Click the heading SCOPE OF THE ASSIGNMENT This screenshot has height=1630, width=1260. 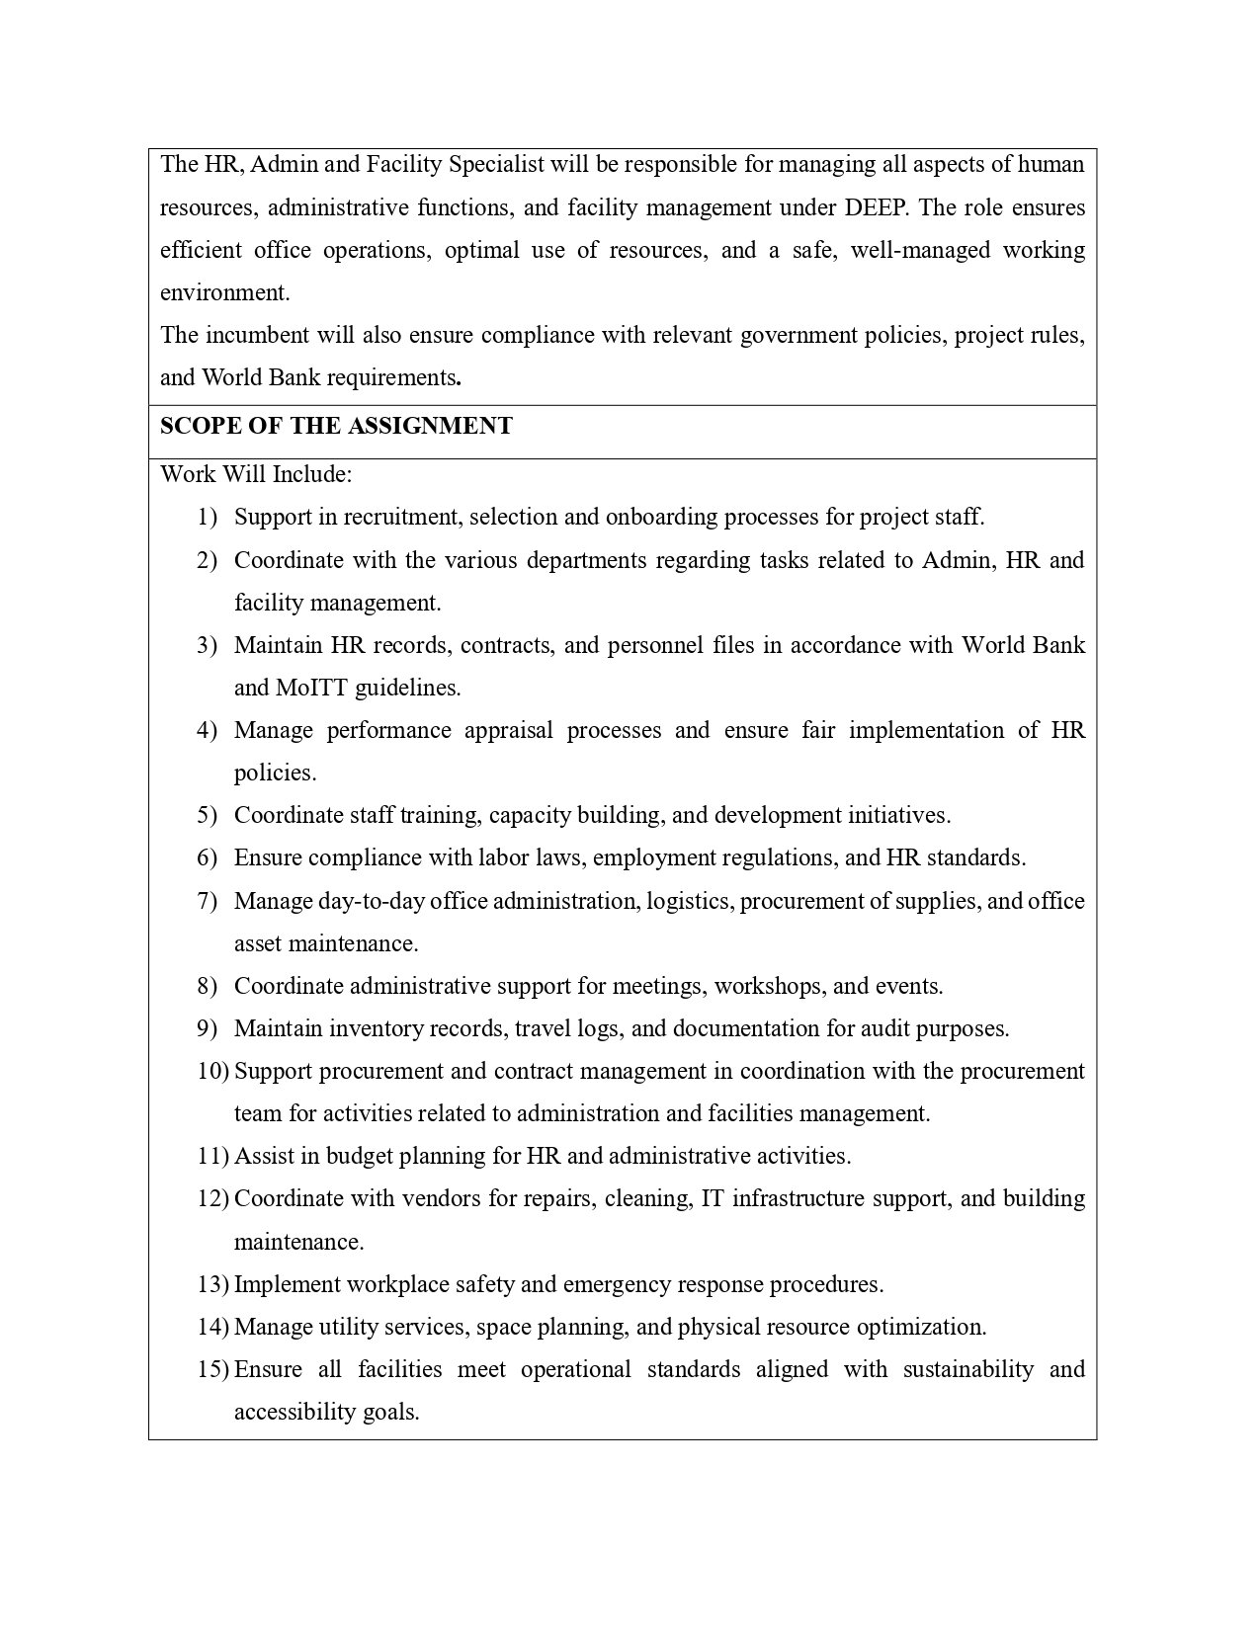click(336, 426)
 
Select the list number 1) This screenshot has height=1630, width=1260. click(207, 517)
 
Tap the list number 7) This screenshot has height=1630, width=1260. click(207, 901)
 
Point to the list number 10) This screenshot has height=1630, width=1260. click(212, 1071)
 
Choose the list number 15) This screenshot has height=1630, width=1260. click(212, 1369)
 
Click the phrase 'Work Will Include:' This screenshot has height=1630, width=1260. click(256, 474)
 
